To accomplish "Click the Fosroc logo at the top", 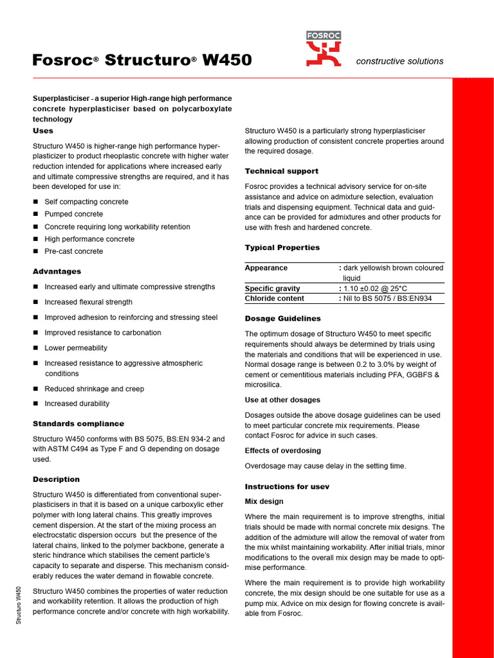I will pyautogui.click(x=324, y=49).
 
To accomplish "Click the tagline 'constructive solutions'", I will pyautogui.click(x=399, y=61).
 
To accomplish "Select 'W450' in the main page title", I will pyautogui.click(x=227, y=60).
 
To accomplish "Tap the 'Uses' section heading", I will pyautogui.click(x=43, y=130).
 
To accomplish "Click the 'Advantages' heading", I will pyautogui.click(x=57, y=271).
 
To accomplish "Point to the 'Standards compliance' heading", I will pyautogui.click(x=78, y=423).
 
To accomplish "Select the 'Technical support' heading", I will pyautogui.click(x=281, y=171).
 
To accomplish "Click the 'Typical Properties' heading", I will pyautogui.click(x=282, y=247).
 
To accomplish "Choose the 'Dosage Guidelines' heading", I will pyautogui.click(x=282, y=318).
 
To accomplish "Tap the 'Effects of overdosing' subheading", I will pyautogui.click(x=282, y=450).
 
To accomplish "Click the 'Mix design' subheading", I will pyautogui.click(x=264, y=501).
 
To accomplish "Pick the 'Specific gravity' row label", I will pyautogui.click(x=272, y=289).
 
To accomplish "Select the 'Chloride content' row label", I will pyautogui.click(x=274, y=298).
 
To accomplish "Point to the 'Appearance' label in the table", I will pyautogui.click(x=266, y=268).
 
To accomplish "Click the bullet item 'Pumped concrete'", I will pyautogui.click(x=73, y=214).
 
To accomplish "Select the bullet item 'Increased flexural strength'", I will pyautogui.click(x=88, y=302).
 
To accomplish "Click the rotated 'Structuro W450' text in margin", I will pyautogui.click(x=19, y=604).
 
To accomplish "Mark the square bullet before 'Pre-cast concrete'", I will pyautogui.click(x=36, y=251).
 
